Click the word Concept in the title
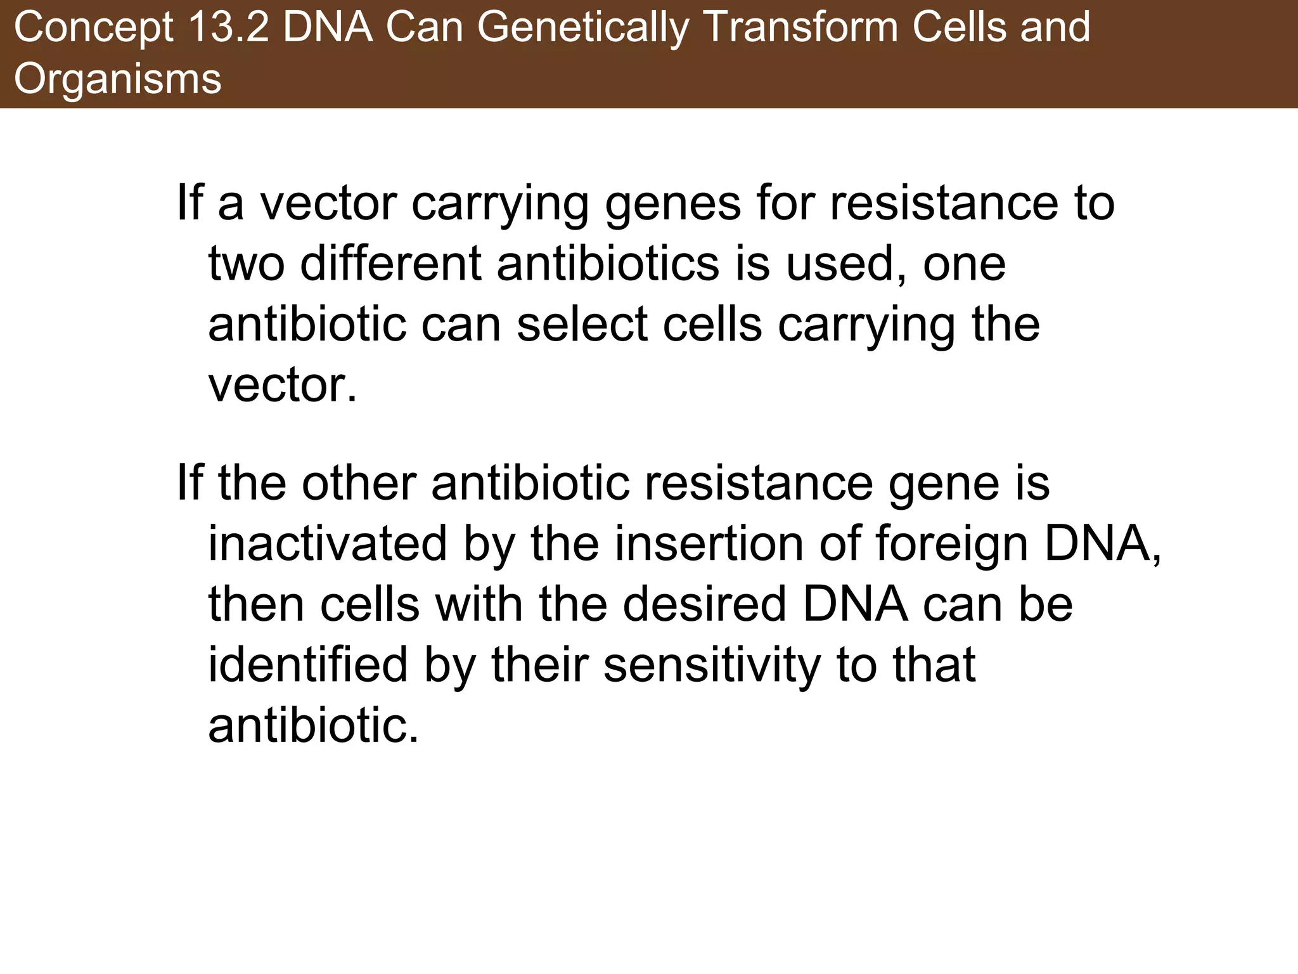pos(93,29)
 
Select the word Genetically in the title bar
pos(583,29)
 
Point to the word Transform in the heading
pos(800,29)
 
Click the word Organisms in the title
pos(118,79)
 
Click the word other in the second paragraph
pos(359,483)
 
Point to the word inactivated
pos(328,543)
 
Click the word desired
pos(704,604)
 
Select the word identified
pos(308,665)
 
